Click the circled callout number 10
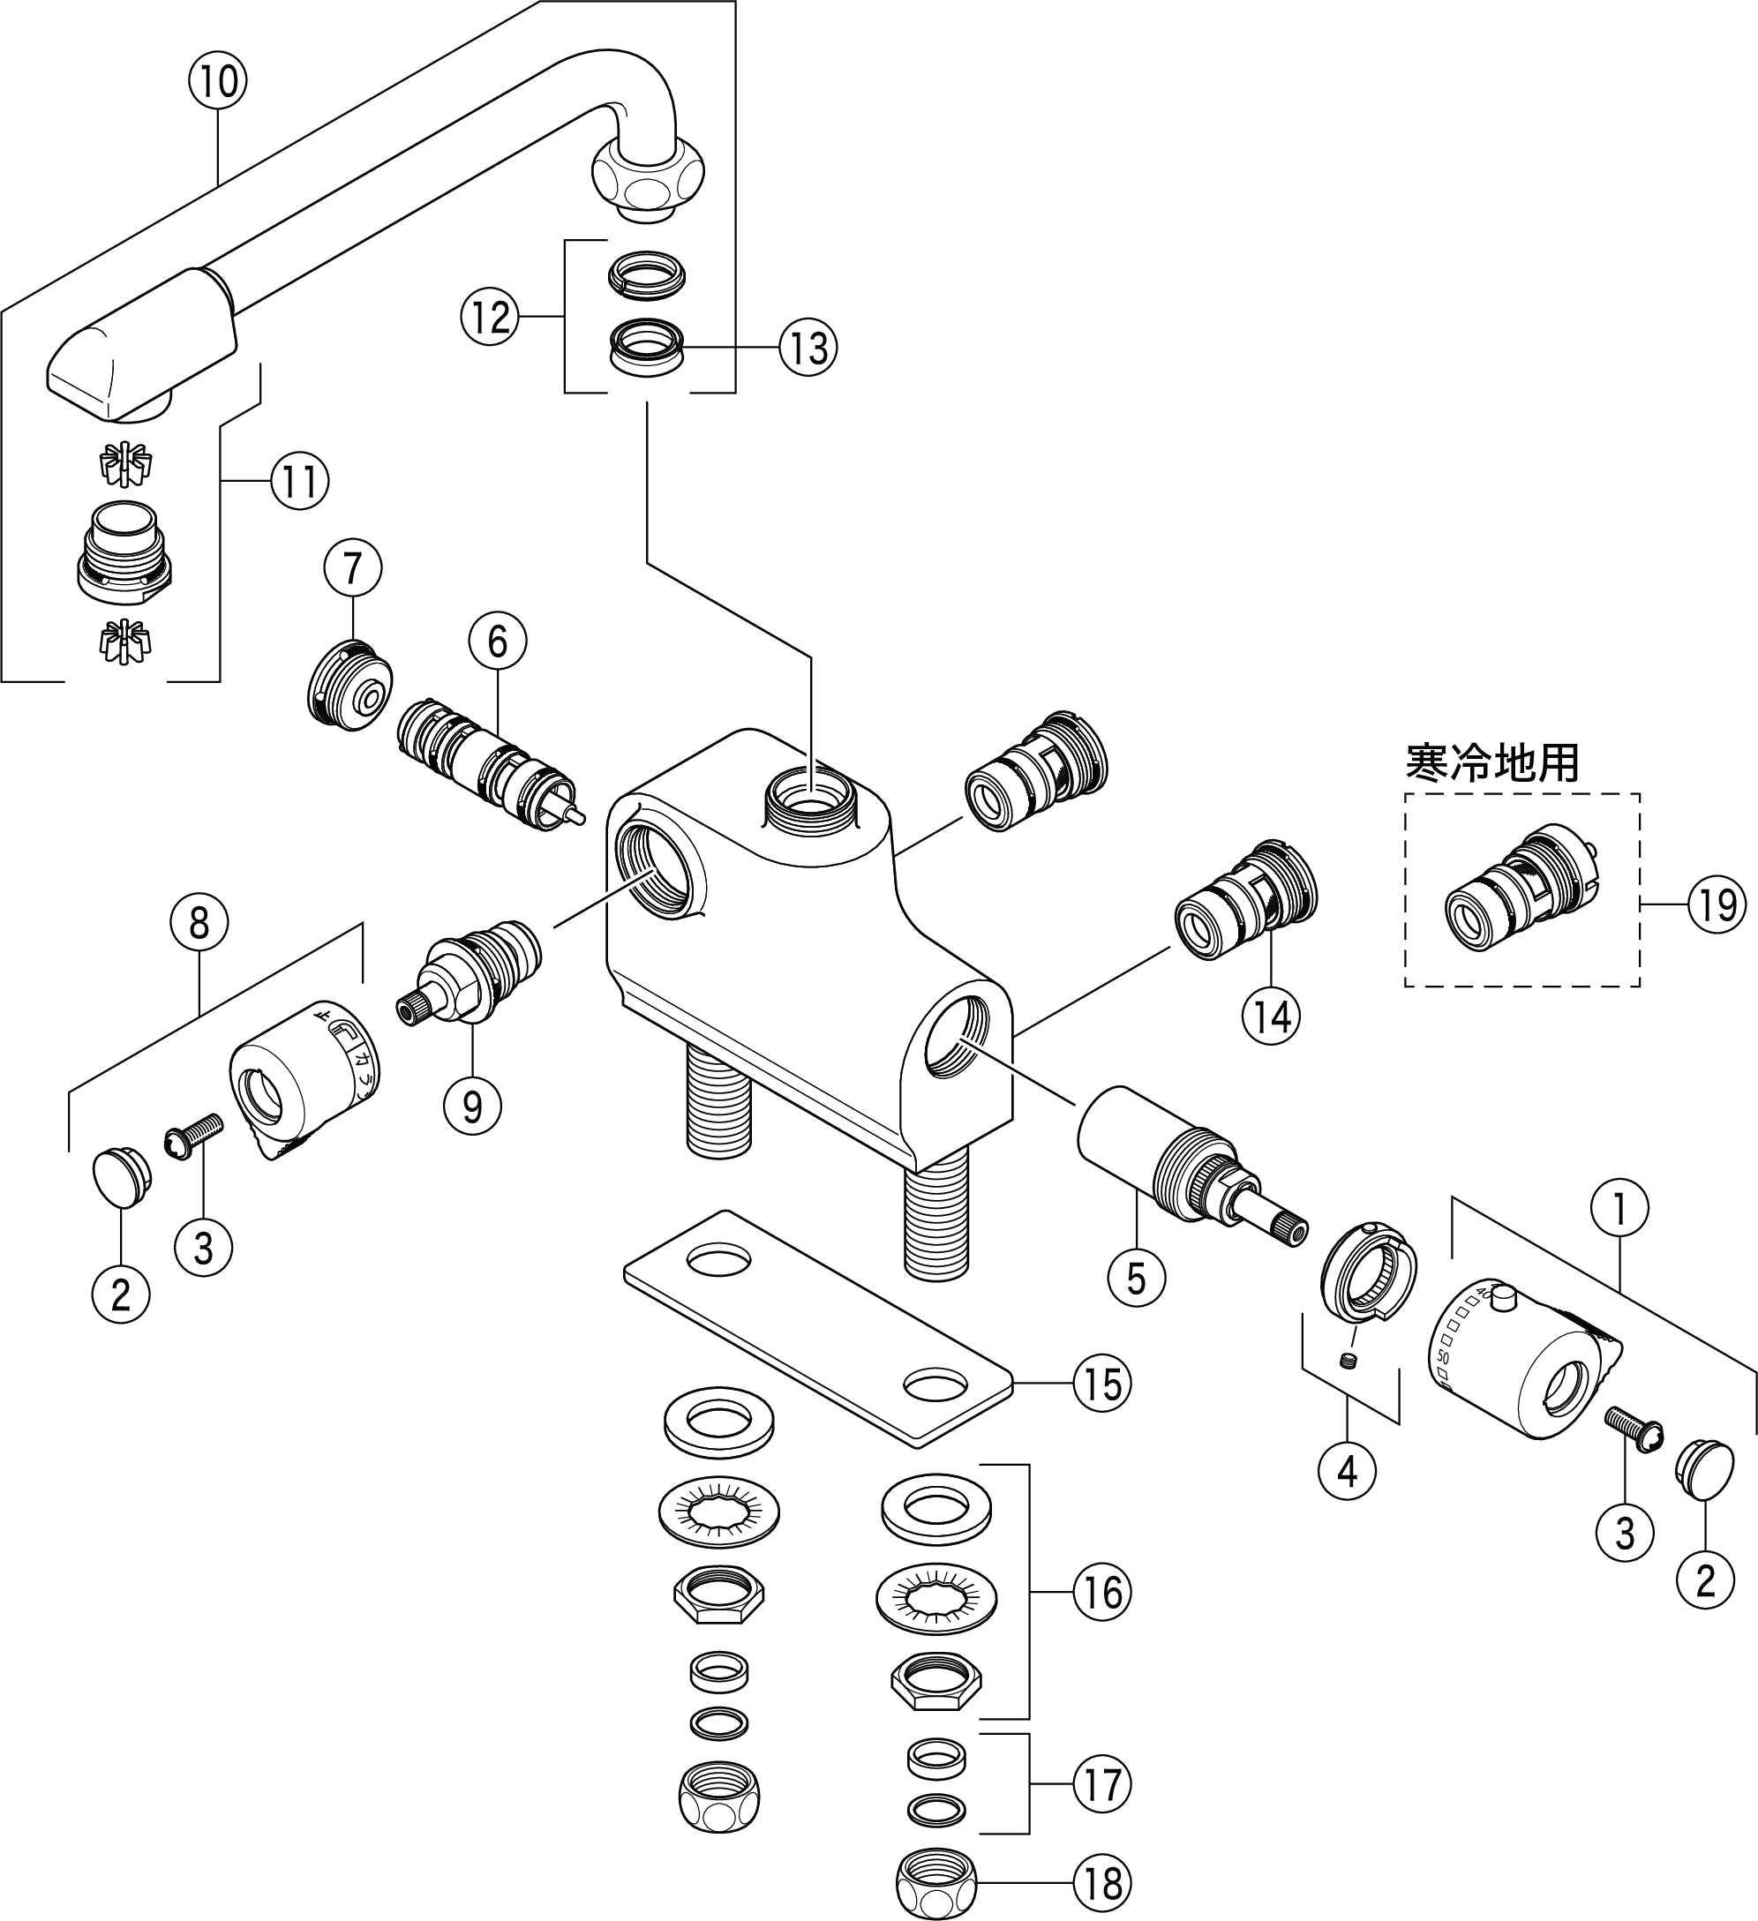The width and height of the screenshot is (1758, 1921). (218, 82)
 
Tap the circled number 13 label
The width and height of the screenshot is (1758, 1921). (808, 348)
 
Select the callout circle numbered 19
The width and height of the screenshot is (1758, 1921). (1717, 904)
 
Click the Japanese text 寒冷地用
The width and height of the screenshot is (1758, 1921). (1492, 763)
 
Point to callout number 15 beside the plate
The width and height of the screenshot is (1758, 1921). (1102, 1384)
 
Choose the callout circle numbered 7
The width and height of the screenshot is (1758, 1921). (352, 569)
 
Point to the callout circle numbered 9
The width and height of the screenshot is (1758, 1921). (471, 1106)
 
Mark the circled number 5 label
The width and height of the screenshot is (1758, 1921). (1136, 1279)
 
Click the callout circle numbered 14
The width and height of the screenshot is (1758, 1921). (1272, 1017)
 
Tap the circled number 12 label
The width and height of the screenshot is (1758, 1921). (491, 318)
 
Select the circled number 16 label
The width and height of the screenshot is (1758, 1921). (1102, 1591)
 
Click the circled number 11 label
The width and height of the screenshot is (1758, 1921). (300, 482)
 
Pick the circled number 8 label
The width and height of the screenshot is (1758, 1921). (199, 922)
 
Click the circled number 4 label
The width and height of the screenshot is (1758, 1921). (1347, 1472)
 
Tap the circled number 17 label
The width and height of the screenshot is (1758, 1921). (1102, 1784)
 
